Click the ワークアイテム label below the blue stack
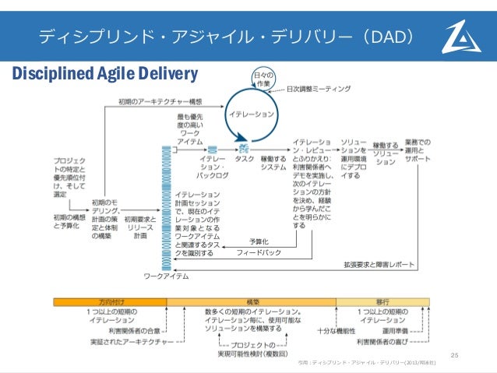pos(165,275)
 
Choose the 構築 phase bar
pos(252,301)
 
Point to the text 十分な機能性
pos(338,330)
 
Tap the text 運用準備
pos(397,330)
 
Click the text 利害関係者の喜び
pos(383,341)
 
